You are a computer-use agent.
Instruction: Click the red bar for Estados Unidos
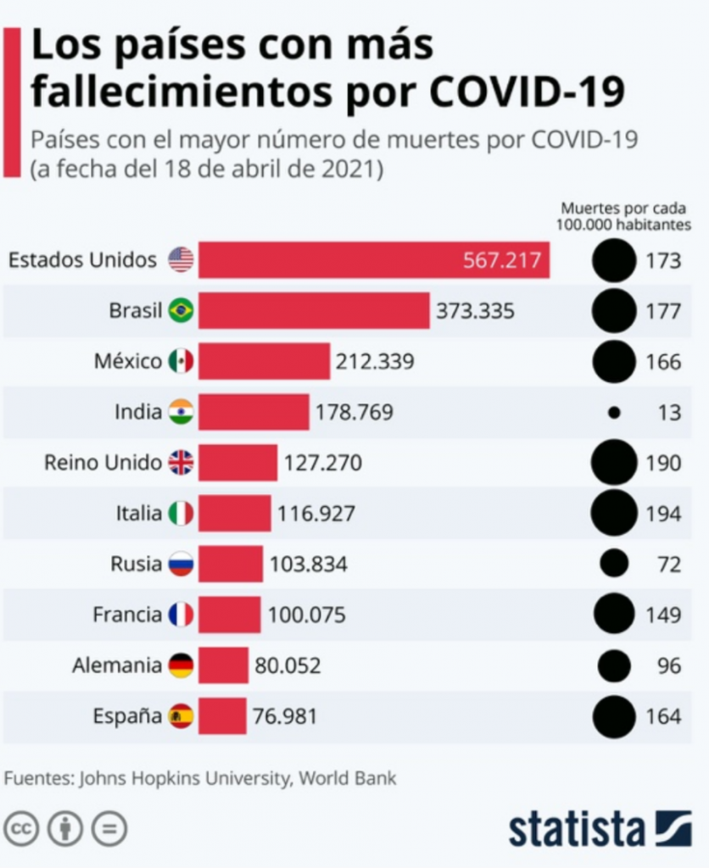pyautogui.click(x=373, y=259)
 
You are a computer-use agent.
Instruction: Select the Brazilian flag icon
pyautogui.click(x=181, y=311)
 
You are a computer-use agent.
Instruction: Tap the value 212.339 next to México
pyautogui.click(x=375, y=362)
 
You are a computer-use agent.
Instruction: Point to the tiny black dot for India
pyautogui.click(x=614, y=413)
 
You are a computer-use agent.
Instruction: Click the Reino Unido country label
pyautogui.click(x=103, y=463)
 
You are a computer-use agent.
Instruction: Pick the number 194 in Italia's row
pyautogui.click(x=662, y=514)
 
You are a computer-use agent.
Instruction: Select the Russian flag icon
pyautogui.click(x=181, y=564)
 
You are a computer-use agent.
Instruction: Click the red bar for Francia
pyautogui.click(x=229, y=615)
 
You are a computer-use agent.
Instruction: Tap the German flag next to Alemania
pyautogui.click(x=181, y=665)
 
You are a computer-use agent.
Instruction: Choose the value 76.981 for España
pyautogui.click(x=285, y=716)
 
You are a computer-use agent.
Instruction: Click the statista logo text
pyautogui.click(x=577, y=829)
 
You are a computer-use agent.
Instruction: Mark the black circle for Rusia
pyautogui.click(x=614, y=564)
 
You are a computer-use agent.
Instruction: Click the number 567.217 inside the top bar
pyautogui.click(x=501, y=259)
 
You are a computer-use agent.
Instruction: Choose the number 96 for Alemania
pyautogui.click(x=668, y=665)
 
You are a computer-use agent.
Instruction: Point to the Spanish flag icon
pyautogui.click(x=181, y=716)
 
